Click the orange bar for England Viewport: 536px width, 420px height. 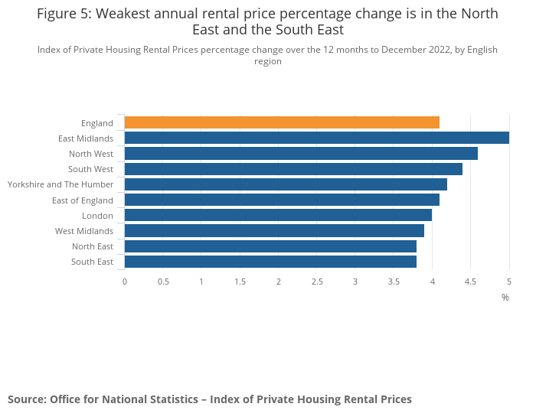pyautogui.click(x=282, y=122)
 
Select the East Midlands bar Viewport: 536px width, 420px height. pyautogui.click(x=316, y=138)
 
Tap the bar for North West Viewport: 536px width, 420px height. pyautogui.click(x=301, y=154)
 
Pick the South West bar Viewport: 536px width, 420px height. pyautogui.click(x=293, y=169)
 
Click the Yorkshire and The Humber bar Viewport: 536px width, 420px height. pyautogui.click(x=286, y=184)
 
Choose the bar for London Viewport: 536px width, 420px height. pyautogui.click(x=278, y=216)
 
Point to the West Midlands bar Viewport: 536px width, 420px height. pyautogui.click(x=274, y=231)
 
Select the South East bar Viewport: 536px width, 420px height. pyautogui.click(x=270, y=262)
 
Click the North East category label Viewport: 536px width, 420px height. pyautogui.click(x=93, y=246)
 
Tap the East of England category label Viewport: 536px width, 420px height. pyautogui.click(x=83, y=200)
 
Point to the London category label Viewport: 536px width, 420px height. pyautogui.click(x=98, y=216)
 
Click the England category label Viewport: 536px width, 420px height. pyautogui.click(x=97, y=123)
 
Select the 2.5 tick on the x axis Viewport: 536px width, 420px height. pyautogui.click(x=316, y=282)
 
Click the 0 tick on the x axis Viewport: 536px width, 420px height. pyautogui.click(x=125, y=282)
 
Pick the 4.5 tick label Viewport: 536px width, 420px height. pyautogui.click(x=470, y=282)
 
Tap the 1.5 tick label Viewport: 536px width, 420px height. pyautogui.click(x=240, y=282)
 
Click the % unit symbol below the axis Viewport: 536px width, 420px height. pyautogui.click(x=505, y=297)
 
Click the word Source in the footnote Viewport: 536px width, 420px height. pyautogui.click(x=26, y=399)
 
